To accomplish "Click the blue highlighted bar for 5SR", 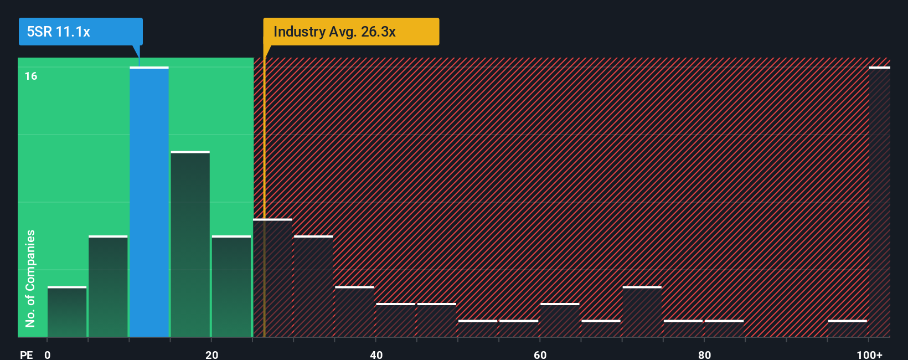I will click(x=149, y=202).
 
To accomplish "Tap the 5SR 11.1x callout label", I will click(x=59, y=32).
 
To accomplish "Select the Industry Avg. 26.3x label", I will click(x=334, y=32).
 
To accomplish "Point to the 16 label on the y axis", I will click(x=31, y=76).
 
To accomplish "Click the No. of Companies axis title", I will click(x=30, y=278).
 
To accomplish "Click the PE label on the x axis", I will click(x=26, y=354).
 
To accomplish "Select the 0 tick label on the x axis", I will click(x=48, y=354).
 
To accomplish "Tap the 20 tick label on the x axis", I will click(x=211, y=354).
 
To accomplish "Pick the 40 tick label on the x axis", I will click(x=376, y=354).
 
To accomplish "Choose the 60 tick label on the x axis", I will click(x=540, y=354).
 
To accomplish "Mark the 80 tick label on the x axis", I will click(x=704, y=354).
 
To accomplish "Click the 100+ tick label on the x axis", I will click(x=869, y=354).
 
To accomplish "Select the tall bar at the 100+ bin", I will click(x=879, y=202).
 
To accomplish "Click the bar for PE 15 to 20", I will click(x=190, y=244).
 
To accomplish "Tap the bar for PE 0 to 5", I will click(x=67, y=312).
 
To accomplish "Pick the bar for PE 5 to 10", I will click(x=108, y=286).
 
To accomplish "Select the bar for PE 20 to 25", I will click(x=231, y=286).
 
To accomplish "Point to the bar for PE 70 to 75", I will click(x=642, y=312).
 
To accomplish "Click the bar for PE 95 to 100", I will click(x=847, y=328).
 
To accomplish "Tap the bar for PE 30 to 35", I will click(x=313, y=286).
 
